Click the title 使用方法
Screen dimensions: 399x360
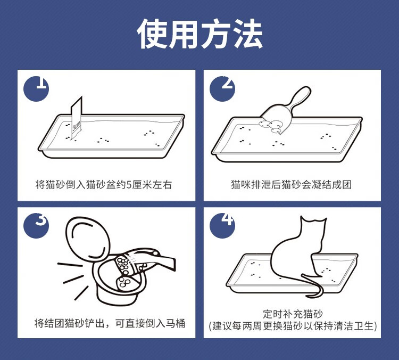(x=199, y=34)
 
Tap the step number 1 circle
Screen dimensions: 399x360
(x=36, y=88)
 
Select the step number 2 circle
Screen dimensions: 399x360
(x=222, y=88)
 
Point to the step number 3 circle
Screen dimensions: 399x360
(x=36, y=226)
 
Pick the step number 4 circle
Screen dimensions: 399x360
(x=222, y=226)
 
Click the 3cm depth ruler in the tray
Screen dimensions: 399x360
(x=77, y=118)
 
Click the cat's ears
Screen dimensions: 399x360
(x=313, y=220)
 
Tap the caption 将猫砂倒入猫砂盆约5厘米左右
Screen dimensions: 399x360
(x=104, y=184)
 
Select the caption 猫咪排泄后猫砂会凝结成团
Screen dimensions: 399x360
(x=292, y=184)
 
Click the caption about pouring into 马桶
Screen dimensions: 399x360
(x=110, y=323)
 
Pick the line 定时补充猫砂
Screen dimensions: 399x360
(x=293, y=314)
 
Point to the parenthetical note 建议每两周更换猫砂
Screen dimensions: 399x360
(x=293, y=326)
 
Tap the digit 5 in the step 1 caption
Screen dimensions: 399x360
(x=129, y=185)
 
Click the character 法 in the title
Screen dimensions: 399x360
(x=247, y=34)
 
